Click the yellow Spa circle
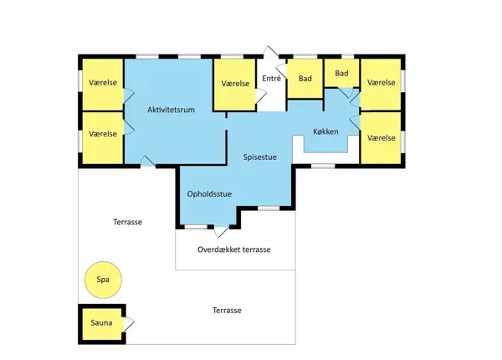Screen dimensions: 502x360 (103, 280)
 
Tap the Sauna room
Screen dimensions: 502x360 (102, 324)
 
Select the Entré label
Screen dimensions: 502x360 (271, 79)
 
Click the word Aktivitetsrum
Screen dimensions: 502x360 (171, 110)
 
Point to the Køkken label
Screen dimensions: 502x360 (325, 131)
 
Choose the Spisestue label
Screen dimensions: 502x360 (259, 157)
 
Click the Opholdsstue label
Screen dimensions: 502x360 (209, 194)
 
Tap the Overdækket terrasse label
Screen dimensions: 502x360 (234, 249)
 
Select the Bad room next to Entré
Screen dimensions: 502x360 (305, 79)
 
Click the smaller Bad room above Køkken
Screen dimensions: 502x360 (341, 73)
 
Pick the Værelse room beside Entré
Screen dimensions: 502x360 (235, 85)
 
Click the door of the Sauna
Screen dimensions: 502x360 (128, 324)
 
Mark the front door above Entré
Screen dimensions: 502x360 (271, 53)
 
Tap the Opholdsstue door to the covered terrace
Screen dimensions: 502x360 (222, 232)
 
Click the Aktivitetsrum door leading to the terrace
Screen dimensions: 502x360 (147, 161)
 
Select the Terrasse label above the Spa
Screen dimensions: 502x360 (127, 222)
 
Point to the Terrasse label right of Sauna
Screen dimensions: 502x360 (227, 311)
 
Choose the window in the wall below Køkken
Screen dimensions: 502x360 (323, 167)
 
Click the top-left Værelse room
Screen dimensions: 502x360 (103, 85)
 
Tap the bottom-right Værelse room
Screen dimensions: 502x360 (381, 138)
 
